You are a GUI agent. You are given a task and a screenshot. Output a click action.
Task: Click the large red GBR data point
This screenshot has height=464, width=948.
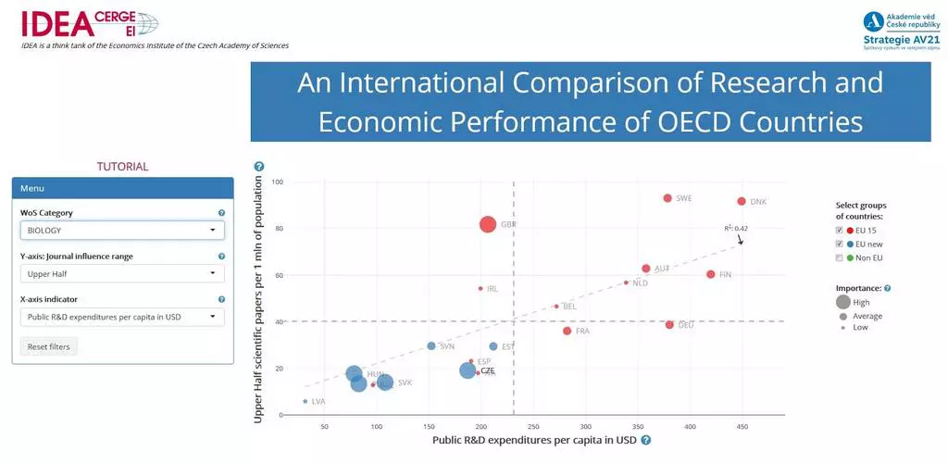click(488, 224)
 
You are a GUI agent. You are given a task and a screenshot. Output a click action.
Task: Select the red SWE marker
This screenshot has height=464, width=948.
click(667, 198)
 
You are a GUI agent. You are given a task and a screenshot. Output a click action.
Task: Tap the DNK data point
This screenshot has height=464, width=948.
click(741, 201)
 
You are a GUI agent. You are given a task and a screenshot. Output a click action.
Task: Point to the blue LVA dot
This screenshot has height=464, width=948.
click(306, 401)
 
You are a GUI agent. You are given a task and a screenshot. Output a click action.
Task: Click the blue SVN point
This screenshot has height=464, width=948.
click(431, 346)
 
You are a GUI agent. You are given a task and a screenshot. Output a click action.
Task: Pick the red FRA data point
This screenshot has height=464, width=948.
click(568, 331)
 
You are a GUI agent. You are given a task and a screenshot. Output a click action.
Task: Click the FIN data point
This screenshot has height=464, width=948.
click(710, 274)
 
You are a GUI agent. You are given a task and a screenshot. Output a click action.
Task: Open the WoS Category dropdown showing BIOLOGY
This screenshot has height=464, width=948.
click(122, 231)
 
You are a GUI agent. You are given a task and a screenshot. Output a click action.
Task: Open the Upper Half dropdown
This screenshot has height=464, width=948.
click(122, 274)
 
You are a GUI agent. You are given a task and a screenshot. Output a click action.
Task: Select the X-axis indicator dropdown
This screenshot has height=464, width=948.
click(122, 317)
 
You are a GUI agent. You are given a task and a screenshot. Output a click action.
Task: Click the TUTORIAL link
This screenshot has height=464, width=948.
click(122, 167)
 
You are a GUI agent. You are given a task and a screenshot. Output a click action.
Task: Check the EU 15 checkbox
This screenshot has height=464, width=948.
click(839, 230)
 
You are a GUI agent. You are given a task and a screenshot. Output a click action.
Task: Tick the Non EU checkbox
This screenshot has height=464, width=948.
click(839, 257)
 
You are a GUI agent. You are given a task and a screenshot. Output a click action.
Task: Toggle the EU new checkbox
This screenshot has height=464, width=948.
click(839, 244)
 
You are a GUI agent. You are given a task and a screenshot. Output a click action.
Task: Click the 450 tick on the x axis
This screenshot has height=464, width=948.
click(741, 427)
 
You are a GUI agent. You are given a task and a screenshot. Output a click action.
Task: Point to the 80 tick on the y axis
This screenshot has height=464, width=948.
click(277, 228)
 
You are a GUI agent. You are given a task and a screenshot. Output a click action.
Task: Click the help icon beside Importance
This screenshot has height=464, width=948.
click(887, 288)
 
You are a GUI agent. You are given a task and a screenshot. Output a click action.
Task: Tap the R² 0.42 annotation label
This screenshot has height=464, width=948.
click(736, 228)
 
